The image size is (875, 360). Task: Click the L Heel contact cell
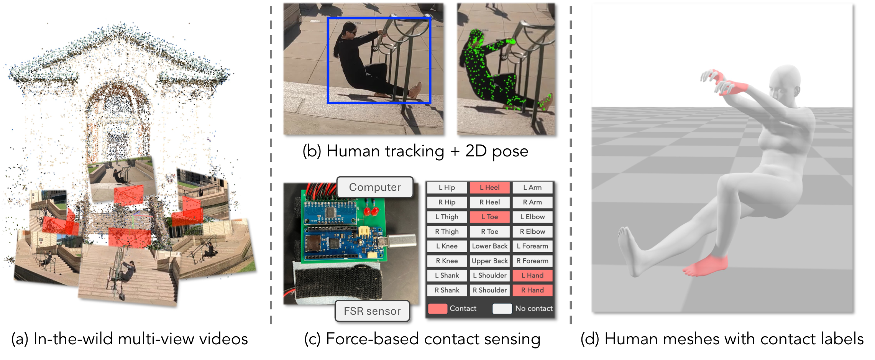(x=489, y=187)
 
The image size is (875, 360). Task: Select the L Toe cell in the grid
(x=489, y=217)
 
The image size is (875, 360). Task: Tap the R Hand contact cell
(x=532, y=290)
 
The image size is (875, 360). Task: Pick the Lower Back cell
(x=489, y=246)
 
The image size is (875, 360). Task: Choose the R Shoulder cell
(x=489, y=290)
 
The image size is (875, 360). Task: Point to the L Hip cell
(x=447, y=187)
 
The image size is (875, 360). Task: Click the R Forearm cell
(x=532, y=261)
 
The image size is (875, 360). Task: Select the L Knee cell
(x=447, y=246)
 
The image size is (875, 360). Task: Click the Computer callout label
(x=374, y=187)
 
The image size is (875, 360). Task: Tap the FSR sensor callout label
(x=372, y=311)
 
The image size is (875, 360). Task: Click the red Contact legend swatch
(x=437, y=309)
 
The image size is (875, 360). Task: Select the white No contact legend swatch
(x=502, y=309)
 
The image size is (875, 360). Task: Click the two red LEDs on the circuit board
(x=371, y=211)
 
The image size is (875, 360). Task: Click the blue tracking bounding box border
(x=328, y=61)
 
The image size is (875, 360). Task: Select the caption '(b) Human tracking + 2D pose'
(x=415, y=151)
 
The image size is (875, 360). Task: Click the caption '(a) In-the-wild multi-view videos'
(x=130, y=339)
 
